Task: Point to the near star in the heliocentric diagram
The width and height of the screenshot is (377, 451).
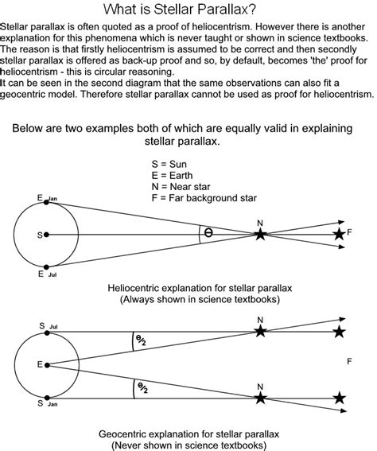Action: click(259, 234)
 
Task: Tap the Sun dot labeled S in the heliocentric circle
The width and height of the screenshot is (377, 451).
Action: click(48, 235)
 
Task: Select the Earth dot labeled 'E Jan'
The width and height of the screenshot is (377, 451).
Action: click(48, 202)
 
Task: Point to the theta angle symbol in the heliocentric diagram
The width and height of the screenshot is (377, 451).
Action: click(208, 233)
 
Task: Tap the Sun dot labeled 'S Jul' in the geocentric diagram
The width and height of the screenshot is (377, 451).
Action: click(48, 332)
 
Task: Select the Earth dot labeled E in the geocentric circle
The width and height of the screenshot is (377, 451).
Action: click(48, 364)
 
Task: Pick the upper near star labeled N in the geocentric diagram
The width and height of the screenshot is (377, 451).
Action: click(259, 332)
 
